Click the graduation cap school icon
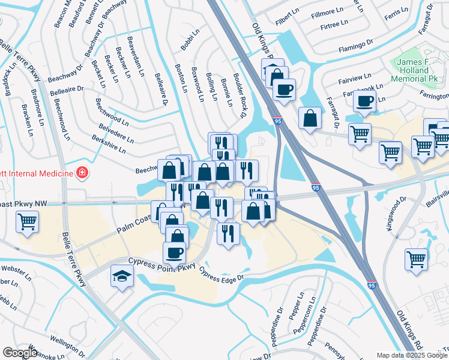122,277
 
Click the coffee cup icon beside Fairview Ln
364,101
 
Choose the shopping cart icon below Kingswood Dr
416,259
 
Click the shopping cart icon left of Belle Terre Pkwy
28,222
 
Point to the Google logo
20,353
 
